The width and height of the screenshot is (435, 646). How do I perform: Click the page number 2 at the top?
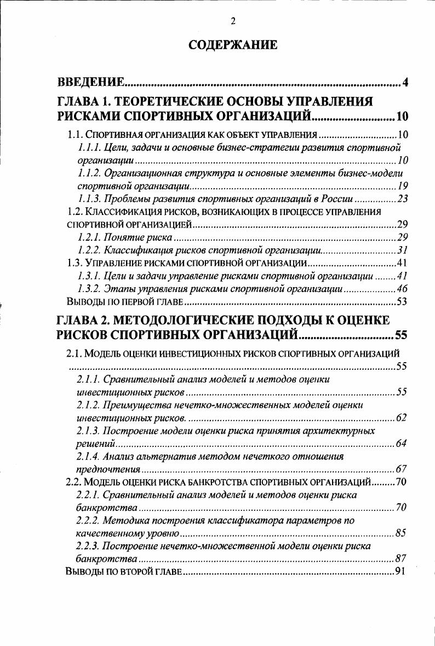pos(233,21)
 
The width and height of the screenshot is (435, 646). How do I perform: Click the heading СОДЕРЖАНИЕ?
pos(233,45)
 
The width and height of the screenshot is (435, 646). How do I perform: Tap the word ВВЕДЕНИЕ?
pos(91,83)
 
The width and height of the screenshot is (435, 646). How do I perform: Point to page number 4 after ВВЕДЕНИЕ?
pos(405,83)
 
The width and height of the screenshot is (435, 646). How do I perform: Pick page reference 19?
pos(402,185)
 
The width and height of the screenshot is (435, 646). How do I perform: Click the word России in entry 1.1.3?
pos(336,199)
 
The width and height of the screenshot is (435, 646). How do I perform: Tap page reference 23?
pos(402,199)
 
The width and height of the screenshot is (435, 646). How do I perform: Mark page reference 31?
pos(402,250)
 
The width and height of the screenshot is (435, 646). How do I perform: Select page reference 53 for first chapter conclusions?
pos(402,301)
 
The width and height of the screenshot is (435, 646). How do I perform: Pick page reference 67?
pos(401,469)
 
